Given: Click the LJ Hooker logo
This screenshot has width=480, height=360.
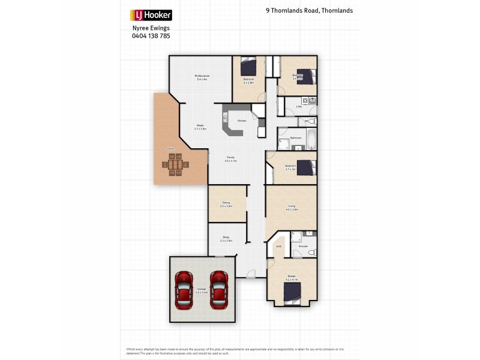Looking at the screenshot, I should (x=151, y=15).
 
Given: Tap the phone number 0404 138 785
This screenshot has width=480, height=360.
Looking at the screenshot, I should (x=151, y=36).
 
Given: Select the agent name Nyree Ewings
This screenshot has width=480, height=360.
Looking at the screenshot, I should (x=151, y=28).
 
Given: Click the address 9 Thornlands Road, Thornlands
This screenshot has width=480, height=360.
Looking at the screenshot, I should (x=309, y=11).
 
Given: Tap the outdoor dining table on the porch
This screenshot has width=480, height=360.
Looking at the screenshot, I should (x=176, y=164).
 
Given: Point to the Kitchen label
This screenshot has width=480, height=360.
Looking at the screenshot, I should (x=242, y=121).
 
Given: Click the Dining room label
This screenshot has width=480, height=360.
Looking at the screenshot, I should (x=226, y=203).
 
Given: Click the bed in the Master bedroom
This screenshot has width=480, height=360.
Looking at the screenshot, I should (x=292, y=293).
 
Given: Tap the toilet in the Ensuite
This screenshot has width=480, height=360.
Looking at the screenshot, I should (x=311, y=253).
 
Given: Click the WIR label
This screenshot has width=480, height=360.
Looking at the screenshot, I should (x=278, y=247).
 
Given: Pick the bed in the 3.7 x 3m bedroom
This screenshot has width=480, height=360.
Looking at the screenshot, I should (x=307, y=167).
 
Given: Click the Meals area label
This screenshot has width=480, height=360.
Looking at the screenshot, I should (x=200, y=126).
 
